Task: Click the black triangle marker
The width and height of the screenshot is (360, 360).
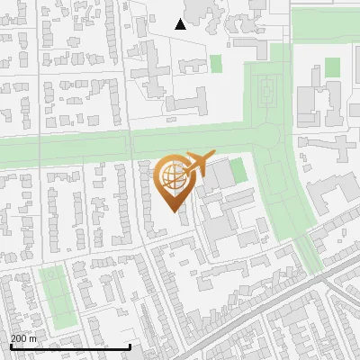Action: click(180, 24)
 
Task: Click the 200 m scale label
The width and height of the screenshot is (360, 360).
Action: click(23, 338)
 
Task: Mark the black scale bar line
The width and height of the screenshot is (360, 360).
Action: click(70, 346)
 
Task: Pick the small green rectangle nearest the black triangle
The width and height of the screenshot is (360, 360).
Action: click(216, 64)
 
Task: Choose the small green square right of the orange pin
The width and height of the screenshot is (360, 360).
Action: click(237, 171)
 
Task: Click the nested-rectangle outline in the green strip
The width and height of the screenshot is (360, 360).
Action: click(266, 88)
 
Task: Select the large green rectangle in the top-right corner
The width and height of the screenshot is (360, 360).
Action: click(324, 24)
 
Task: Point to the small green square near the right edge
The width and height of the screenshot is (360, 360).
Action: click(333, 67)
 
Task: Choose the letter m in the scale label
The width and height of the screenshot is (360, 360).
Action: click(33, 338)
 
